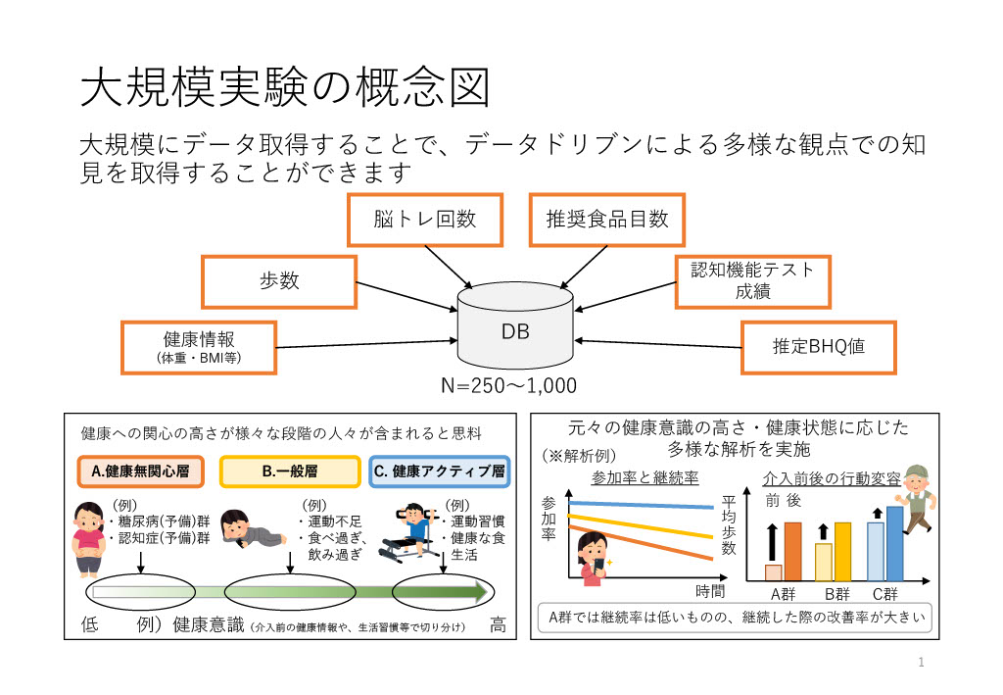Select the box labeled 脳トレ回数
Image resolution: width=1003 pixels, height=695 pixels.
[x=424, y=220]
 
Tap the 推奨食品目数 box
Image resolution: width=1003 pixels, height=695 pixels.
[x=606, y=220]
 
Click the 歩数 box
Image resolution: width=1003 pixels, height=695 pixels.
[x=277, y=281]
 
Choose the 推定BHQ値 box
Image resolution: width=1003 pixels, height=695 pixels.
[x=818, y=346]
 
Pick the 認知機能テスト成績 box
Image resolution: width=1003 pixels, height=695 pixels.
[x=752, y=280]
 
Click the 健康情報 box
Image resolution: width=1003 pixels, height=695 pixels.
[x=198, y=347]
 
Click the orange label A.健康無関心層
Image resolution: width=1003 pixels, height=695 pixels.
[x=140, y=472]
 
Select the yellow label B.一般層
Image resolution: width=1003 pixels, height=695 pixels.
[x=289, y=472]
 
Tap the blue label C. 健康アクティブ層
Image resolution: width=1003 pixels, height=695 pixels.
[x=440, y=472]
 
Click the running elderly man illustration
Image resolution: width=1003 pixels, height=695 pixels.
[x=915, y=501]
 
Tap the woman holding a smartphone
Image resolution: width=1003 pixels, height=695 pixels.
[x=592, y=560]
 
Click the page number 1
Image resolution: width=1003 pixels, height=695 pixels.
[x=921, y=663]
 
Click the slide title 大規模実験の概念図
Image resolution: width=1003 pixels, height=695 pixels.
[x=284, y=88]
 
